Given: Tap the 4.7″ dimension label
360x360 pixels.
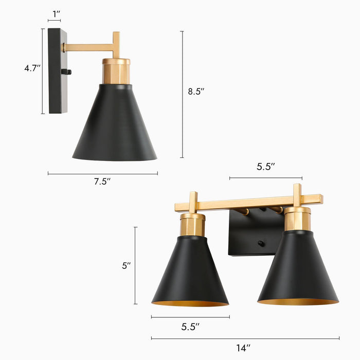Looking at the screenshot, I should (32, 68).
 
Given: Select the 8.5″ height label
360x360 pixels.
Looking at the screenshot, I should (196, 92).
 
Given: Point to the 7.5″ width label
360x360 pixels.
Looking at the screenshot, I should (103, 182).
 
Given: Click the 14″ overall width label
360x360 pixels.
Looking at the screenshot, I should (243, 348).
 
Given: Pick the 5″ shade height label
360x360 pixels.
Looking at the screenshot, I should (127, 266).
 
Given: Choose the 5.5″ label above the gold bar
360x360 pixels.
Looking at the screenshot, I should (266, 167).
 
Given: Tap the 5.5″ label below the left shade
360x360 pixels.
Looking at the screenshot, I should (190, 326).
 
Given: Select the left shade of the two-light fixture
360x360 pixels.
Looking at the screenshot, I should (190, 273).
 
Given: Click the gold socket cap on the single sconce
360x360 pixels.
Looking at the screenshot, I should (116, 71).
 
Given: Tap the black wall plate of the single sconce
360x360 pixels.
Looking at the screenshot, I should (57, 72).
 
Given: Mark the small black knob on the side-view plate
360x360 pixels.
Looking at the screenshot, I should (65, 72).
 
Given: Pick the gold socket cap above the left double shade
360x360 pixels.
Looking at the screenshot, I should (192, 225).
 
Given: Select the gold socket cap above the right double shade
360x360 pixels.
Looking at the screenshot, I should (297, 219).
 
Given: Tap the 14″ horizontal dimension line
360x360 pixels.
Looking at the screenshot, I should (245, 338).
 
